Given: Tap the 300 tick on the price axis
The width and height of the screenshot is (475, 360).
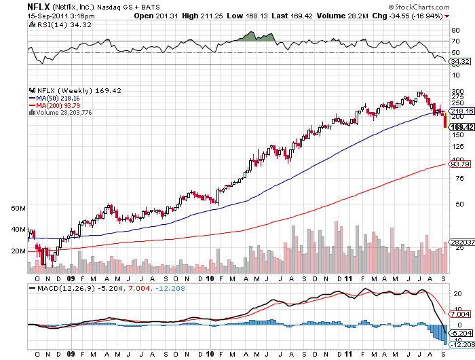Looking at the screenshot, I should tap(457, 91).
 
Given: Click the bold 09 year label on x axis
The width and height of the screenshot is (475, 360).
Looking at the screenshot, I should tap(71, 278).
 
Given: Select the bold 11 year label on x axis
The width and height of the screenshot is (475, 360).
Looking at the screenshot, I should tap(348, 278).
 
